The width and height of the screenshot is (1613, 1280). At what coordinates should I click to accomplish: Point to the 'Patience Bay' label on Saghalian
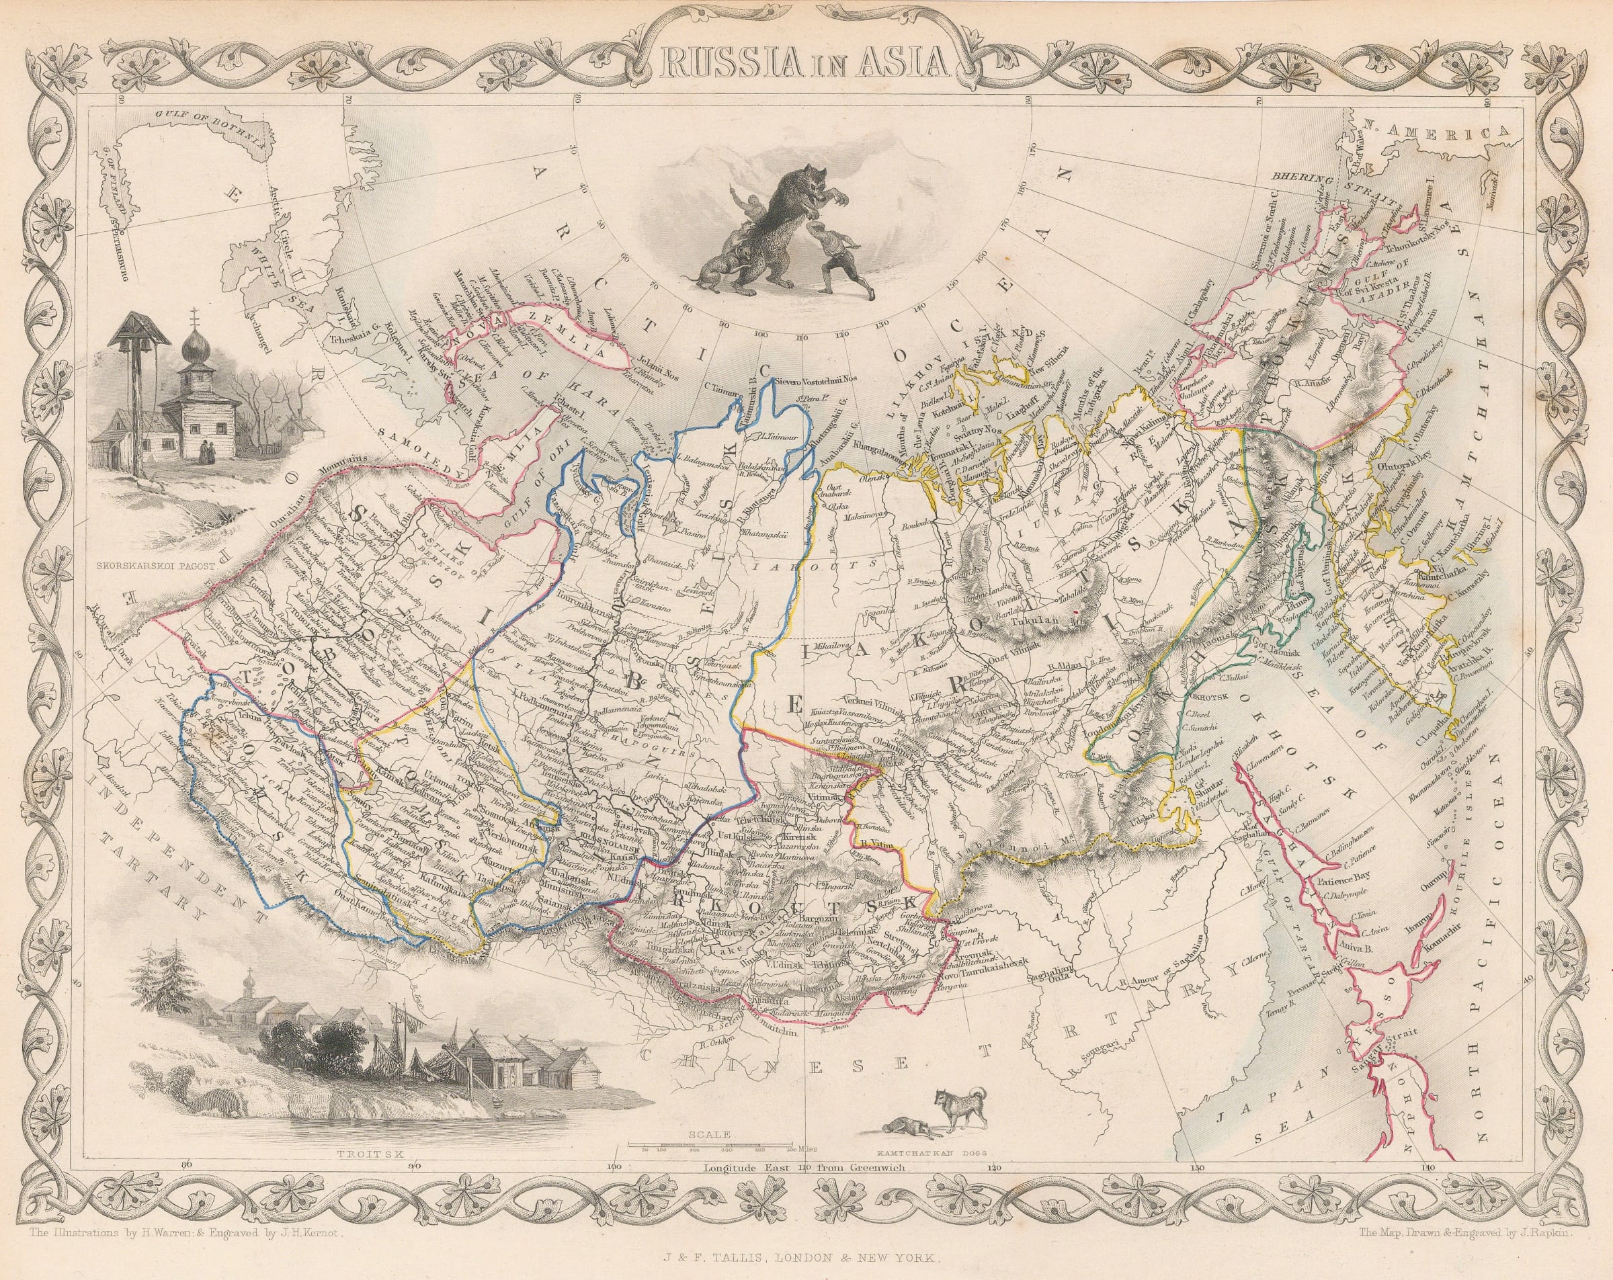point(1350,871)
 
